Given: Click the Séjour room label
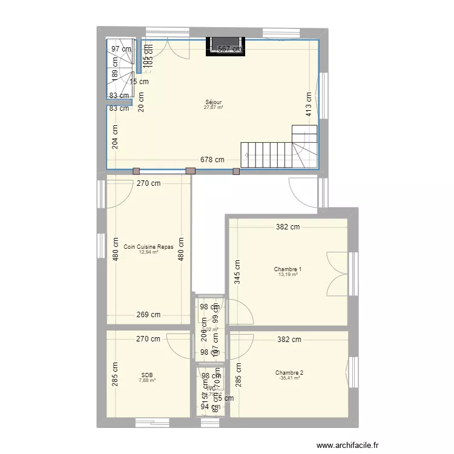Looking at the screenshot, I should click(213, 102).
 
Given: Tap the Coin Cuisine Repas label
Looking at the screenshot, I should click(148, 247).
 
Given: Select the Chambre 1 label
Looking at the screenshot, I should click(288, 269).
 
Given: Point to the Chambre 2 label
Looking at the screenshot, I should click(289, 373).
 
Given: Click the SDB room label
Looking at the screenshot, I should click(147, 375).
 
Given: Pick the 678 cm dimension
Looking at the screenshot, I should click(212, 160).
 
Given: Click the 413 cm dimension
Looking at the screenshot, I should click(309, 104).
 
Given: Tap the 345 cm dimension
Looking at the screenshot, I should click(237, 272).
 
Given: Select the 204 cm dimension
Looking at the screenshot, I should click(115, 136).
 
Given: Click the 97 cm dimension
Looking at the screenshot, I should click(121, 49).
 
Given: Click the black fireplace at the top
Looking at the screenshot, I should click(226, 47).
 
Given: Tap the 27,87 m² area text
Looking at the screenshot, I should click(213, 108).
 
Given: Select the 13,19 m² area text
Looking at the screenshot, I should click(288, 275).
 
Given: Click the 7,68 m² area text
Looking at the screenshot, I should click(147, 381).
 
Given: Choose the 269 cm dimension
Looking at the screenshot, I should click(148, 314).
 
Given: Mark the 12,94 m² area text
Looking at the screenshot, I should click(148, 252).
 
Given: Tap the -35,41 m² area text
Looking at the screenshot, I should click(289, 378).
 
